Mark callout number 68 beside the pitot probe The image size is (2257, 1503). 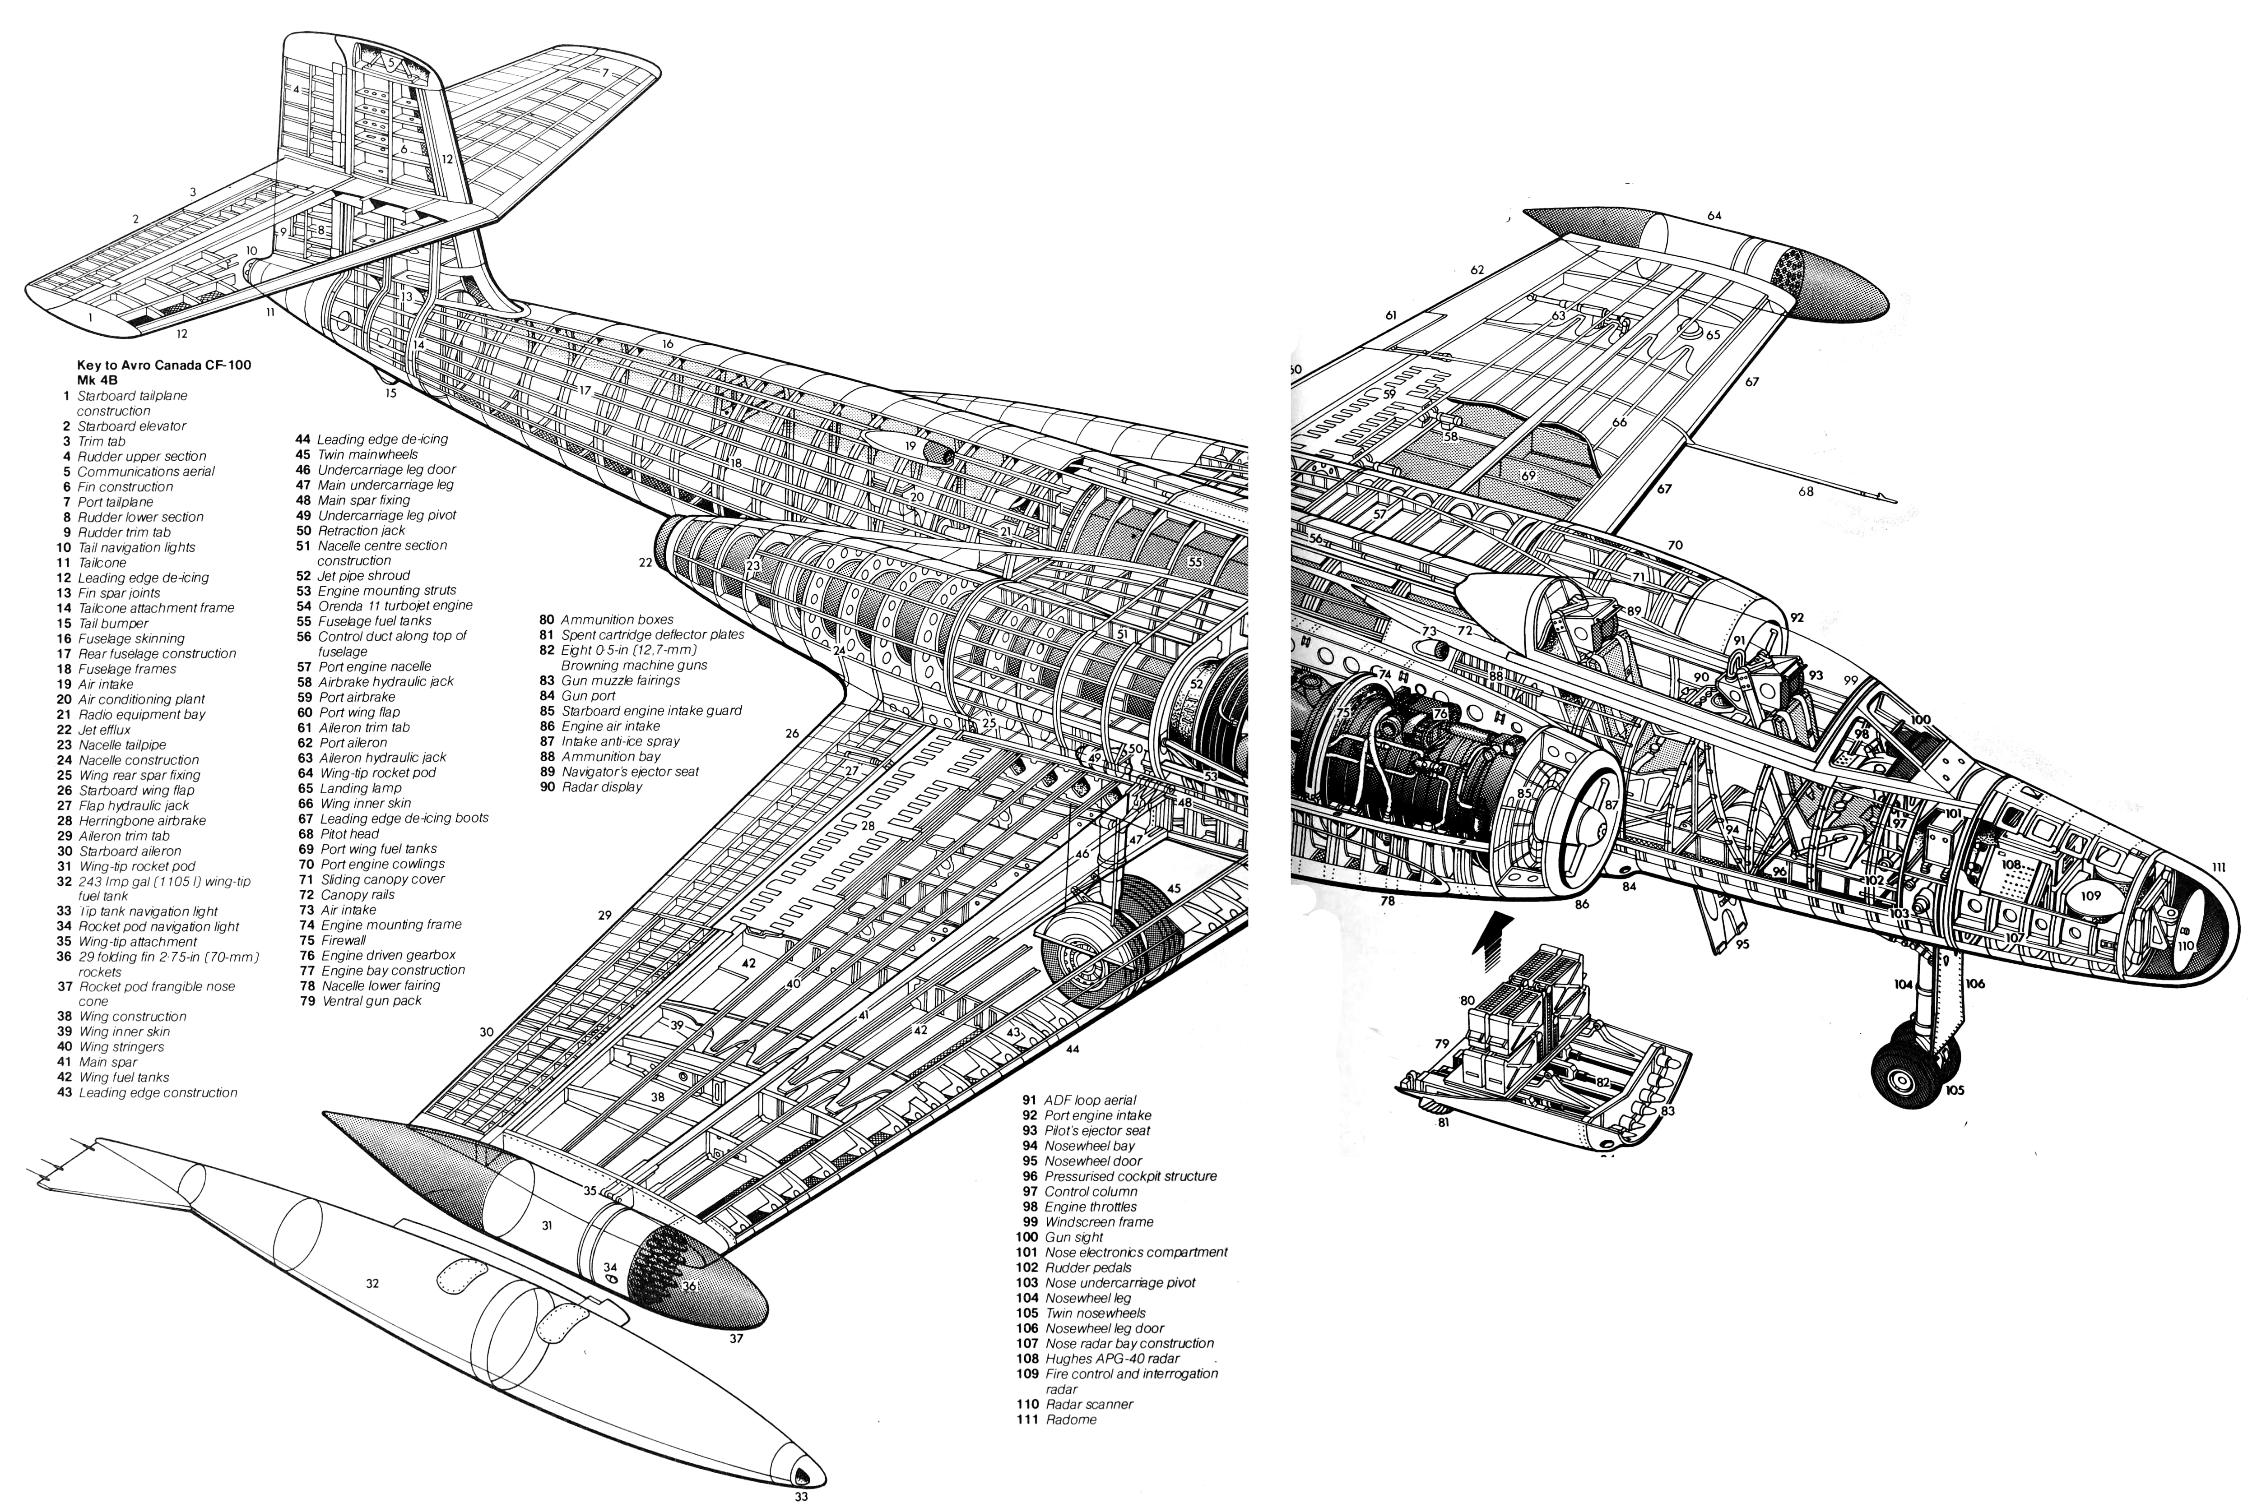1807,492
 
